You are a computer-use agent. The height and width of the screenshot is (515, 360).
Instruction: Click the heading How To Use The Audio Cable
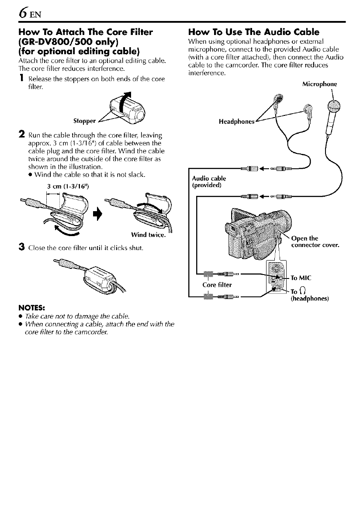(x=253, y=32)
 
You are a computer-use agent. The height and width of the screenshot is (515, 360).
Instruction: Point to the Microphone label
(x=321, y=84)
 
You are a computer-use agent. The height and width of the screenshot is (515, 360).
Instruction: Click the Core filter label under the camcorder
(x=216, y=285)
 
